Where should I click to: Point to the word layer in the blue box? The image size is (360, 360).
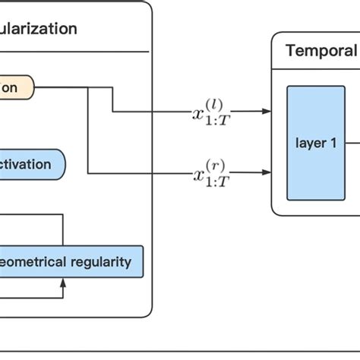tap(310, 142)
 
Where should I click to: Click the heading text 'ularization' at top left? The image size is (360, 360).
tap(38, 29)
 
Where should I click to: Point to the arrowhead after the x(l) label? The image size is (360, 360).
tap(266, 111)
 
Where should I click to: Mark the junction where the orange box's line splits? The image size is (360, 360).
tap(88, 88)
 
